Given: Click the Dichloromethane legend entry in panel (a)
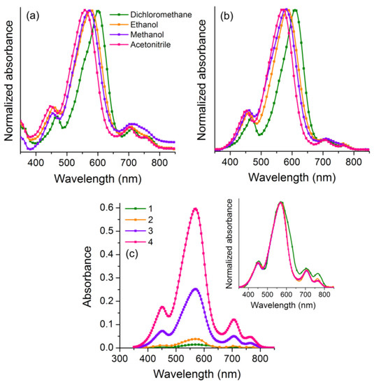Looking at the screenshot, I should coord(143,13).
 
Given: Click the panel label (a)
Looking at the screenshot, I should coord(32,15).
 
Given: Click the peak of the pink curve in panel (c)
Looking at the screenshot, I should coord(196,208).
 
